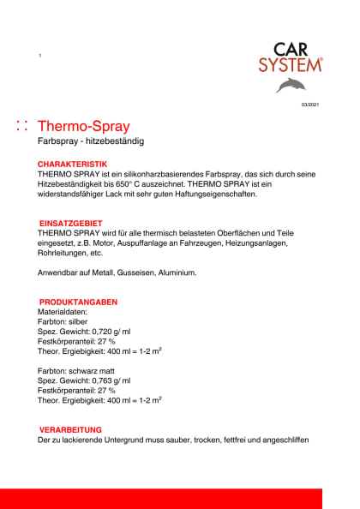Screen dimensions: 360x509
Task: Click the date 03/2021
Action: coord(309,105)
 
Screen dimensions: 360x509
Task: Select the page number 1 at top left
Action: coord(40,56)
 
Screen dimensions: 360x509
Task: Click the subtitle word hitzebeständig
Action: coord(115,141)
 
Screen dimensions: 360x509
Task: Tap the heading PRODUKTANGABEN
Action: coord(78,302)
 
